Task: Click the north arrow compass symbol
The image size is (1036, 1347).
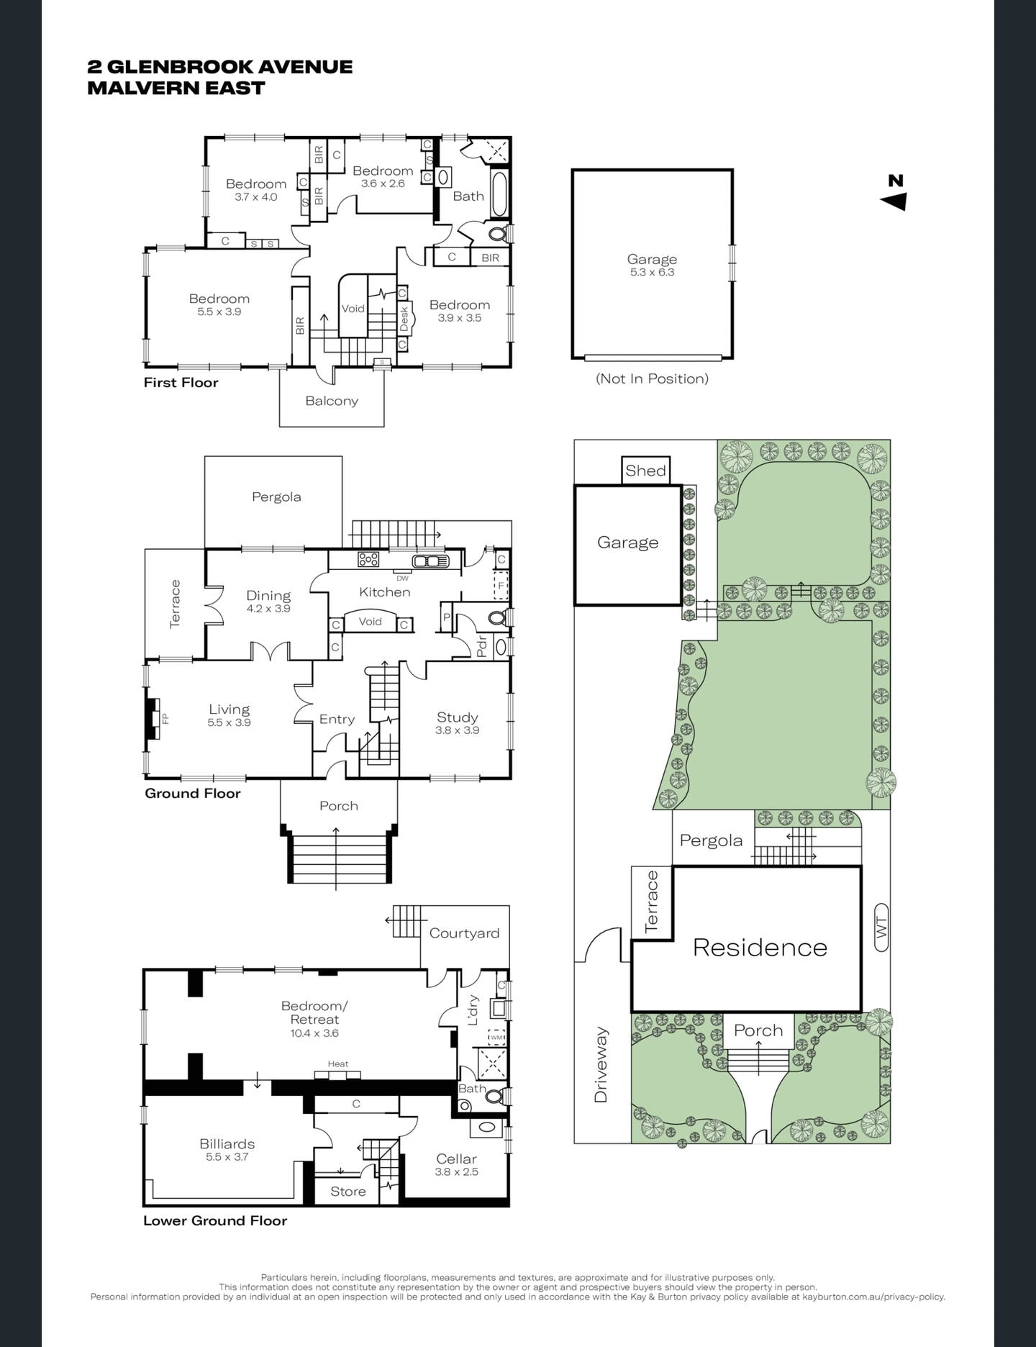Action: pos(894,194)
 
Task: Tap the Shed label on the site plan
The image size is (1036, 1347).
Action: pos(645,471)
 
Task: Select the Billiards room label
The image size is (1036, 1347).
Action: pos(227,1143)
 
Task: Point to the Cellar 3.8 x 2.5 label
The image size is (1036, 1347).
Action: pos(456,1164)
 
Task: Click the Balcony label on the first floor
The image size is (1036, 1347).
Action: pos(332,401)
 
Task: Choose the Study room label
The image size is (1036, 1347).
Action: pos(457,717)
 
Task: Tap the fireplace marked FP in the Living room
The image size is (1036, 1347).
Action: pos(153,718)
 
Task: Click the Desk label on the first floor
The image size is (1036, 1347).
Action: pos(404,319)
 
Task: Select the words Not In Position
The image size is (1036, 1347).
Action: pos(652,378)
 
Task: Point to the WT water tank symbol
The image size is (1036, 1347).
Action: pos(882,928)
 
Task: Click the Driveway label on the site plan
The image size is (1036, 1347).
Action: pos(601,1065)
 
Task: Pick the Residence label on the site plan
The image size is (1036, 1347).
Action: pos(760,948)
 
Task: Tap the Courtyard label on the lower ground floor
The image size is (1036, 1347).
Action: pos(464,933)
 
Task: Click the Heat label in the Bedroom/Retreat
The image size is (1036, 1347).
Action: pos(338,1063)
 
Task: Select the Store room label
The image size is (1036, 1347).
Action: pos(348,1192)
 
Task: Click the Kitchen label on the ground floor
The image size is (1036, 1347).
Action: pos(385,592)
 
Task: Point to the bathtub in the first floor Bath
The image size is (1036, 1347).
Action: pos(499,194)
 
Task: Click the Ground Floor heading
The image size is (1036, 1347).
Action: pos(193,793)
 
